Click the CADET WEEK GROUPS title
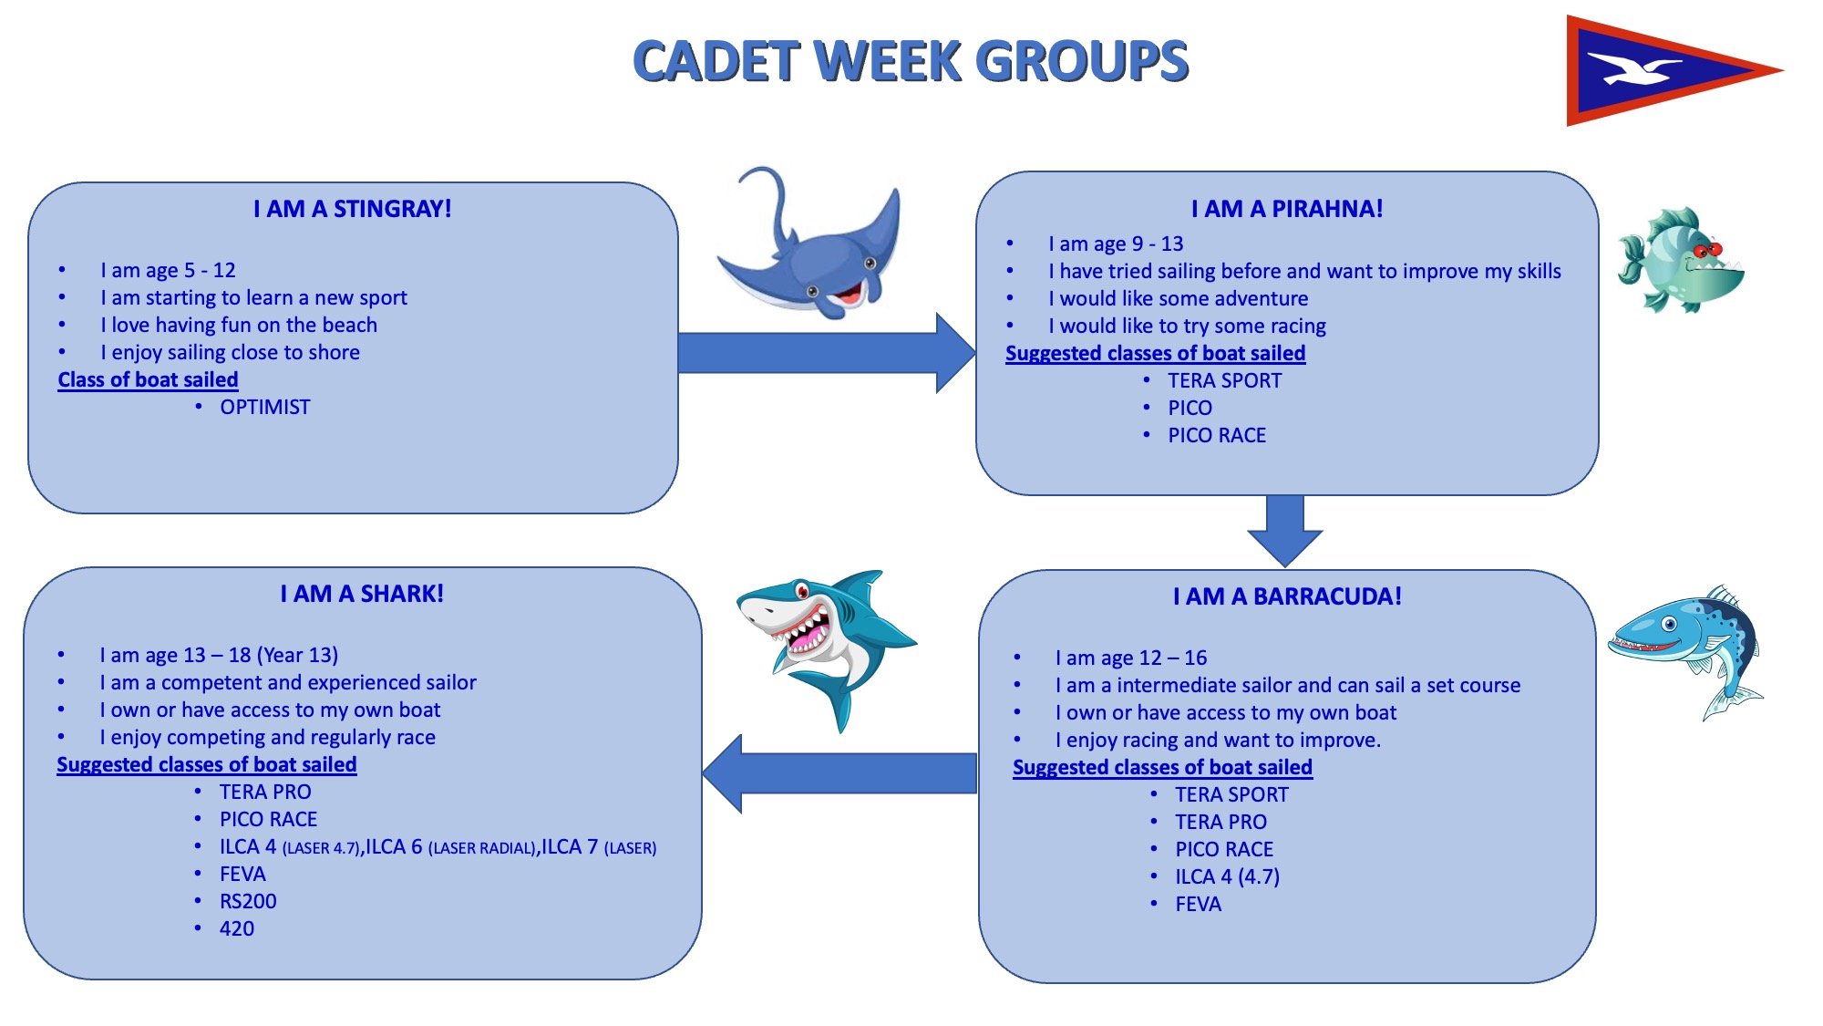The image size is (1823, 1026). tap(911, 61)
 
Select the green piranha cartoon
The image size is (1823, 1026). tap(1681, 260)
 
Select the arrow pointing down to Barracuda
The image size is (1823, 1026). tap(1285, 531)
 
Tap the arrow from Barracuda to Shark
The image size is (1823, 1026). tap(839, 773)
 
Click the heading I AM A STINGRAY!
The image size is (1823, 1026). tap(353, 209)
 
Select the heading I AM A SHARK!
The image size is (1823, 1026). tap(362, 594)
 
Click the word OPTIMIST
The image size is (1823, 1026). tap(265, 408)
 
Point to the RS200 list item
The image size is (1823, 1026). tap(248, 902)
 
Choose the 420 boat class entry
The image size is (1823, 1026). tap(237, 929)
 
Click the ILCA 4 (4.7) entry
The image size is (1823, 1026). tap(1227, 877)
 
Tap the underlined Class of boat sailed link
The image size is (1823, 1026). tap(148, 380)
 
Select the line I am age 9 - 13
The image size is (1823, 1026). tap(1116, 244)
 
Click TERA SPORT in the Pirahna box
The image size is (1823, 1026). tap(1224, 381)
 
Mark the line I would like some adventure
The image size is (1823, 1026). tap(1178, 299)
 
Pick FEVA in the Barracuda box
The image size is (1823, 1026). tap(1198, 905)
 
